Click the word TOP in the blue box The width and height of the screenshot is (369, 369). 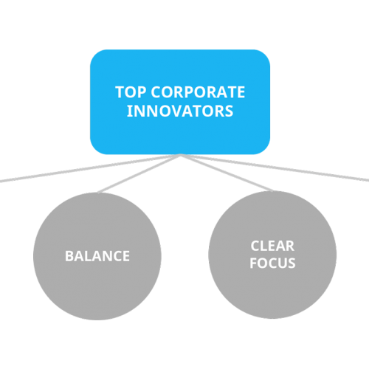pos(131,92)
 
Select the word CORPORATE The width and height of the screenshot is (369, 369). pos(198,92)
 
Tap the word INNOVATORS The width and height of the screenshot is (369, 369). pos(180,111)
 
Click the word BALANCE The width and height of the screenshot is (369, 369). pos(97,256)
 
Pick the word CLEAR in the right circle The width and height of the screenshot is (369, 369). pos(272,246)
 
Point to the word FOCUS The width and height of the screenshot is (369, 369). pos(272,263)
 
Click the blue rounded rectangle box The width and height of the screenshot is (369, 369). pos(180,102)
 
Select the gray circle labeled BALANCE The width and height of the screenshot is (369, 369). pos(97,256)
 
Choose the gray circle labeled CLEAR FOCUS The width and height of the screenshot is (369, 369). pos(272,255)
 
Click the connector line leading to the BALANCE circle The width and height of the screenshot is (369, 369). pos(139,173)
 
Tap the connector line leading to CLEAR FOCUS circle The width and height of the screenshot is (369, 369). pos(227,173)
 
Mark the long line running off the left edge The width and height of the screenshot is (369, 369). pos(90,168)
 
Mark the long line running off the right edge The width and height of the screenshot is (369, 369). pos(275,168)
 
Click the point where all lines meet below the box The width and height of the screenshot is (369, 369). pos(181,155)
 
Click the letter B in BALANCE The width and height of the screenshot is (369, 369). pos(69,256)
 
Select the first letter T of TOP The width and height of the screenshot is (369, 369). pos(120,92)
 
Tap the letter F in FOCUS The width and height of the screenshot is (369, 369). pos(253,263)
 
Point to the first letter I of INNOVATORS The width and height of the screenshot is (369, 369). pos(128,111)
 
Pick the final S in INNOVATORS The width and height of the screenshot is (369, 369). pos(229,111)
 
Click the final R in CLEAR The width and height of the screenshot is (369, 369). pos(289,246)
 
